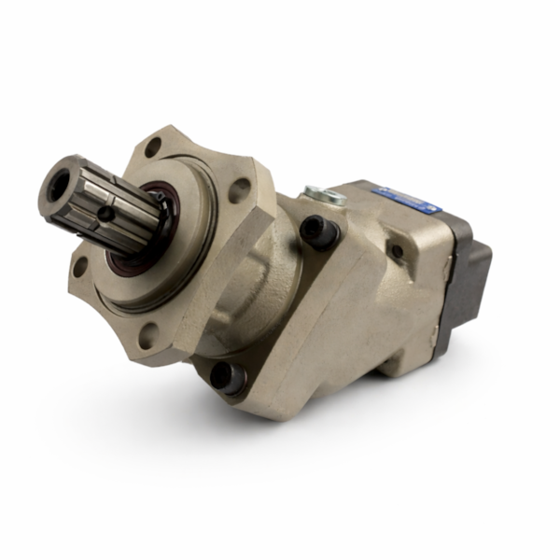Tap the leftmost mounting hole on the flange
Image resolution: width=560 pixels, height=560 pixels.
point(80,266)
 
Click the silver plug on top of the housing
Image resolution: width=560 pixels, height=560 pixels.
point(324,195)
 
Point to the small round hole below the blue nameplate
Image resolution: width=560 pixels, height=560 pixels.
point(396,250)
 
